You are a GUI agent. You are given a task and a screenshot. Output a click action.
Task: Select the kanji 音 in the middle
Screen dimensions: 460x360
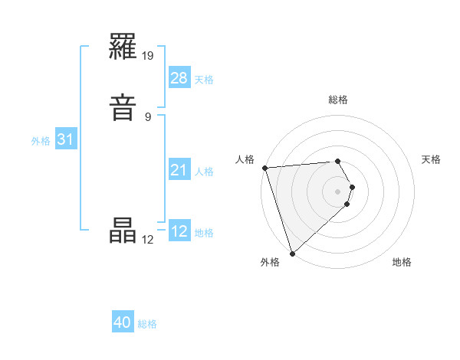123,106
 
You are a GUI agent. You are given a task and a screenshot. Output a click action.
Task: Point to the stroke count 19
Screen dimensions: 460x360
149,55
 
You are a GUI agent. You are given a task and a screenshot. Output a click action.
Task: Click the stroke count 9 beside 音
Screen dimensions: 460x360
148,116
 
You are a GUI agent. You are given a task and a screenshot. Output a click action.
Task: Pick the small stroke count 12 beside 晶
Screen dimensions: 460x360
148,239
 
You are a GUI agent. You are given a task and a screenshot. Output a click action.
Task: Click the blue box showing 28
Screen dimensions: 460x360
179,78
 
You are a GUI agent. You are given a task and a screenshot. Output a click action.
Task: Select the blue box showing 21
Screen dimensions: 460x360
179,170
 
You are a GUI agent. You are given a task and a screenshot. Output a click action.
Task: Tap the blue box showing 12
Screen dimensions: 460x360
179,231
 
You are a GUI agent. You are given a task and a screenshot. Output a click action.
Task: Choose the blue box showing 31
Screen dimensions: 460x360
65,139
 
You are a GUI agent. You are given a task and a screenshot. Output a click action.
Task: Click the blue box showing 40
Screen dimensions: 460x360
123,322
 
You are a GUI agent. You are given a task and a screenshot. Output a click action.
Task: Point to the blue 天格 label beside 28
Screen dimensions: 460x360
204,80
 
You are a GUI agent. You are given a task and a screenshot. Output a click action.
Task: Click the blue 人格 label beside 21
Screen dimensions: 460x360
204,172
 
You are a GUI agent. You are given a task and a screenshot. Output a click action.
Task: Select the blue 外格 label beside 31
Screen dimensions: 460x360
41,141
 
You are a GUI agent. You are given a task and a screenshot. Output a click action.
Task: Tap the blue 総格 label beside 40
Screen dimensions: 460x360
147,324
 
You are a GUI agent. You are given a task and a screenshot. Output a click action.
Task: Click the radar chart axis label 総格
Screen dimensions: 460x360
338,100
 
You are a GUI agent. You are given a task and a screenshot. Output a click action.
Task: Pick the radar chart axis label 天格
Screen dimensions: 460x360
431,159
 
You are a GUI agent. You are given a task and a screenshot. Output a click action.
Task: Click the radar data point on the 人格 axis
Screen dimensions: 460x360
264,168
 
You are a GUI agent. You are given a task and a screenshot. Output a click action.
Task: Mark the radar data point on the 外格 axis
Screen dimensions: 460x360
292,253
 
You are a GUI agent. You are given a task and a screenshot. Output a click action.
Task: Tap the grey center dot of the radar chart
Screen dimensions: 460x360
338,191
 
